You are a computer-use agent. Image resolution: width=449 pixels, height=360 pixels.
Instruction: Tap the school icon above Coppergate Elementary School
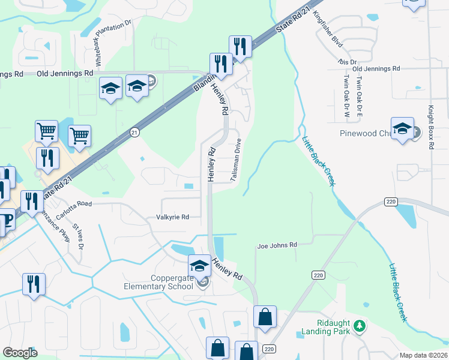[x=199, y=265]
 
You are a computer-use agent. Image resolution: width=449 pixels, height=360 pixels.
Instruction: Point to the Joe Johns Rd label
[x=277, y=245]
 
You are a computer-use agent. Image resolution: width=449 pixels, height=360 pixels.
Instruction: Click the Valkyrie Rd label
[x=172, y=217]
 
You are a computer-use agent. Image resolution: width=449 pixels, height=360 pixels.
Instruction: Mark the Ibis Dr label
[x=349, y=62]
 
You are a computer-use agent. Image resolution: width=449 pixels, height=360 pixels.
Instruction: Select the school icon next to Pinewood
[x=402, y=129]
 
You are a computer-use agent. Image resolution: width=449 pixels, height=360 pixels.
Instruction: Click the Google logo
[x=20, y=352]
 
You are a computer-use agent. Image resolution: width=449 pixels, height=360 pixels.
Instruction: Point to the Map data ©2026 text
[x=424, y=355]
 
